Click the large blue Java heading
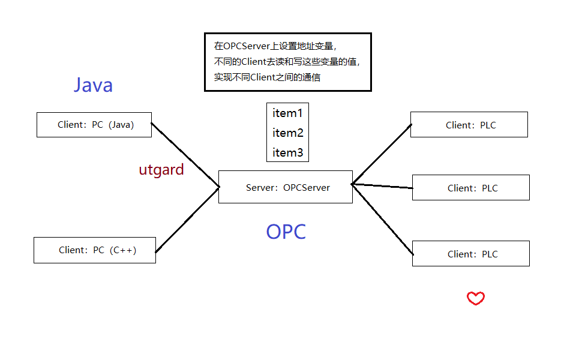point(93,85)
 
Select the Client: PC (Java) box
point(94,125)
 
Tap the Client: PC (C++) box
point(95,250)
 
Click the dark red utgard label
point(161,170)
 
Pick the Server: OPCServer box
point(286,187)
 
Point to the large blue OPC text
point(286,232)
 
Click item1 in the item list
point(287,113)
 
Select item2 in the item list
point(287,133)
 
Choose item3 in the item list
point(287,152)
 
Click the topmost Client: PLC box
point(469,125)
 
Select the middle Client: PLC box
point(471,188)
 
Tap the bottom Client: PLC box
point(471,254)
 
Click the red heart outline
point(476,298)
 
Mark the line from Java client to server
point(185,155)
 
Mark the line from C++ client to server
point(187,220)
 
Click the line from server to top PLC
point(382,154)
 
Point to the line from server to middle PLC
point(382,186)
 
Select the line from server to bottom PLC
point(382,218)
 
